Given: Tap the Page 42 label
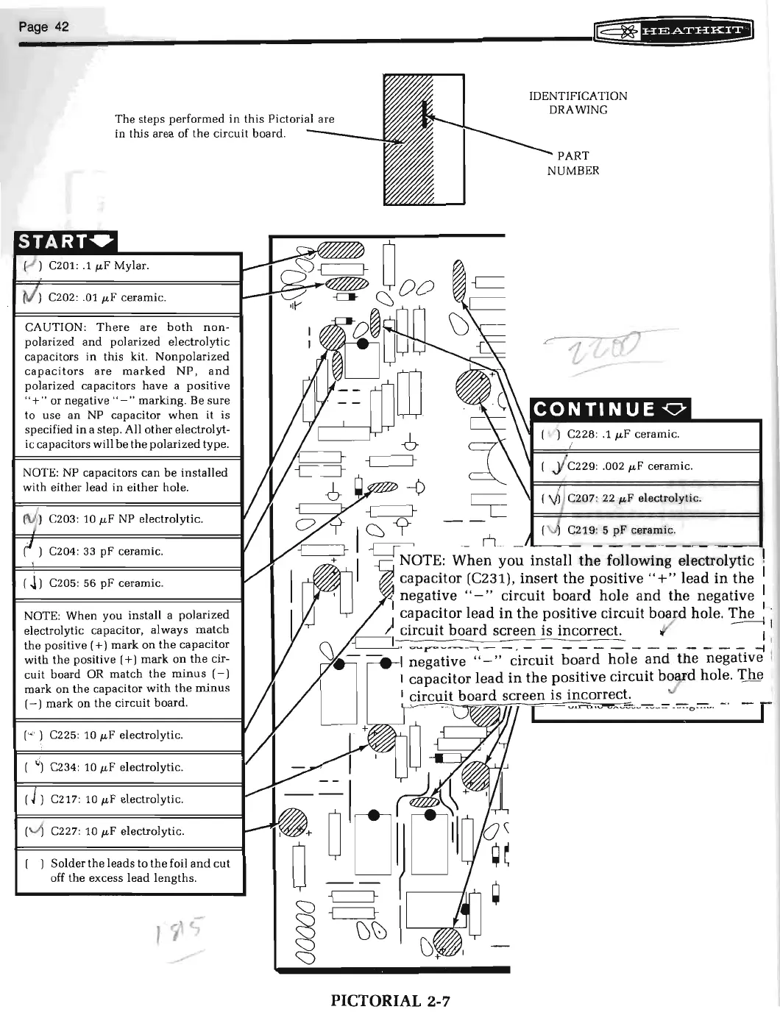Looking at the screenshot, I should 43,27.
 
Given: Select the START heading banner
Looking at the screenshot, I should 65,241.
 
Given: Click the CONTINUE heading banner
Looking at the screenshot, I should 610,409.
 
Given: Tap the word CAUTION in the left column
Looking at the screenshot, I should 51,327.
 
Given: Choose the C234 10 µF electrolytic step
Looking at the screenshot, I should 115,768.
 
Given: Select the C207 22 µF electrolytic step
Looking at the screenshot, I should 634,499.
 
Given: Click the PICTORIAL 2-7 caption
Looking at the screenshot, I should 390,1000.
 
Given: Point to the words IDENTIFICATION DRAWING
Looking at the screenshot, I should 578,103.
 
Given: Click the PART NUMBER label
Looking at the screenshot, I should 572,163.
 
